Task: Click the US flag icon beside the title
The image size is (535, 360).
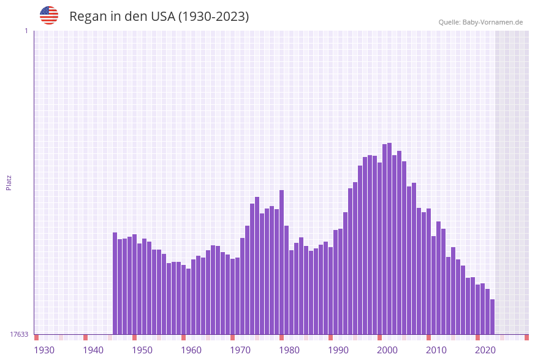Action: click(49, 15)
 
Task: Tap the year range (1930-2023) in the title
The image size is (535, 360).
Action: click(213, 17)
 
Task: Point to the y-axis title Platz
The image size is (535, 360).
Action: click(9, 182)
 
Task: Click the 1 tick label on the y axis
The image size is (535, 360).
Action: click(26, 31)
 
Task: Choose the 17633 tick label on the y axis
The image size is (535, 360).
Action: click(19, 334)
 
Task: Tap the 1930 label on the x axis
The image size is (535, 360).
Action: click(44, 350)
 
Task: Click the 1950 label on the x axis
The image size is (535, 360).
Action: click(142, 350)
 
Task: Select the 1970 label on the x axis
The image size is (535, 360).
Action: click(240, 350)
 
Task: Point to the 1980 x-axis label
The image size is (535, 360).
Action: click(289, 350)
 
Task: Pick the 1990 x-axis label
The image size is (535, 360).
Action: click(338, 350)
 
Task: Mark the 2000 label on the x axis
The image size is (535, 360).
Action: click(387, 350)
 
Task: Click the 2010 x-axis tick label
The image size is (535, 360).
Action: click(436, 350)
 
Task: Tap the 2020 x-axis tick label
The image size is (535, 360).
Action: click(485, 350)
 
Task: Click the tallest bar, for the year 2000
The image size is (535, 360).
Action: click(390, 239)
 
